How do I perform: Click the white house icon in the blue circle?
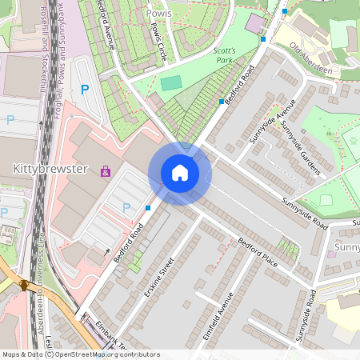coord(180,173)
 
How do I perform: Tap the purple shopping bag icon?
coord(105,170)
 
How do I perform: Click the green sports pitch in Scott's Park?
coord(171,83)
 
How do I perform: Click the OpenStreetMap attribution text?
coord(81,354)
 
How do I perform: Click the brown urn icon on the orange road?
coord(24,284)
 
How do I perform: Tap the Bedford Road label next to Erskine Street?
coord(128,243)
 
